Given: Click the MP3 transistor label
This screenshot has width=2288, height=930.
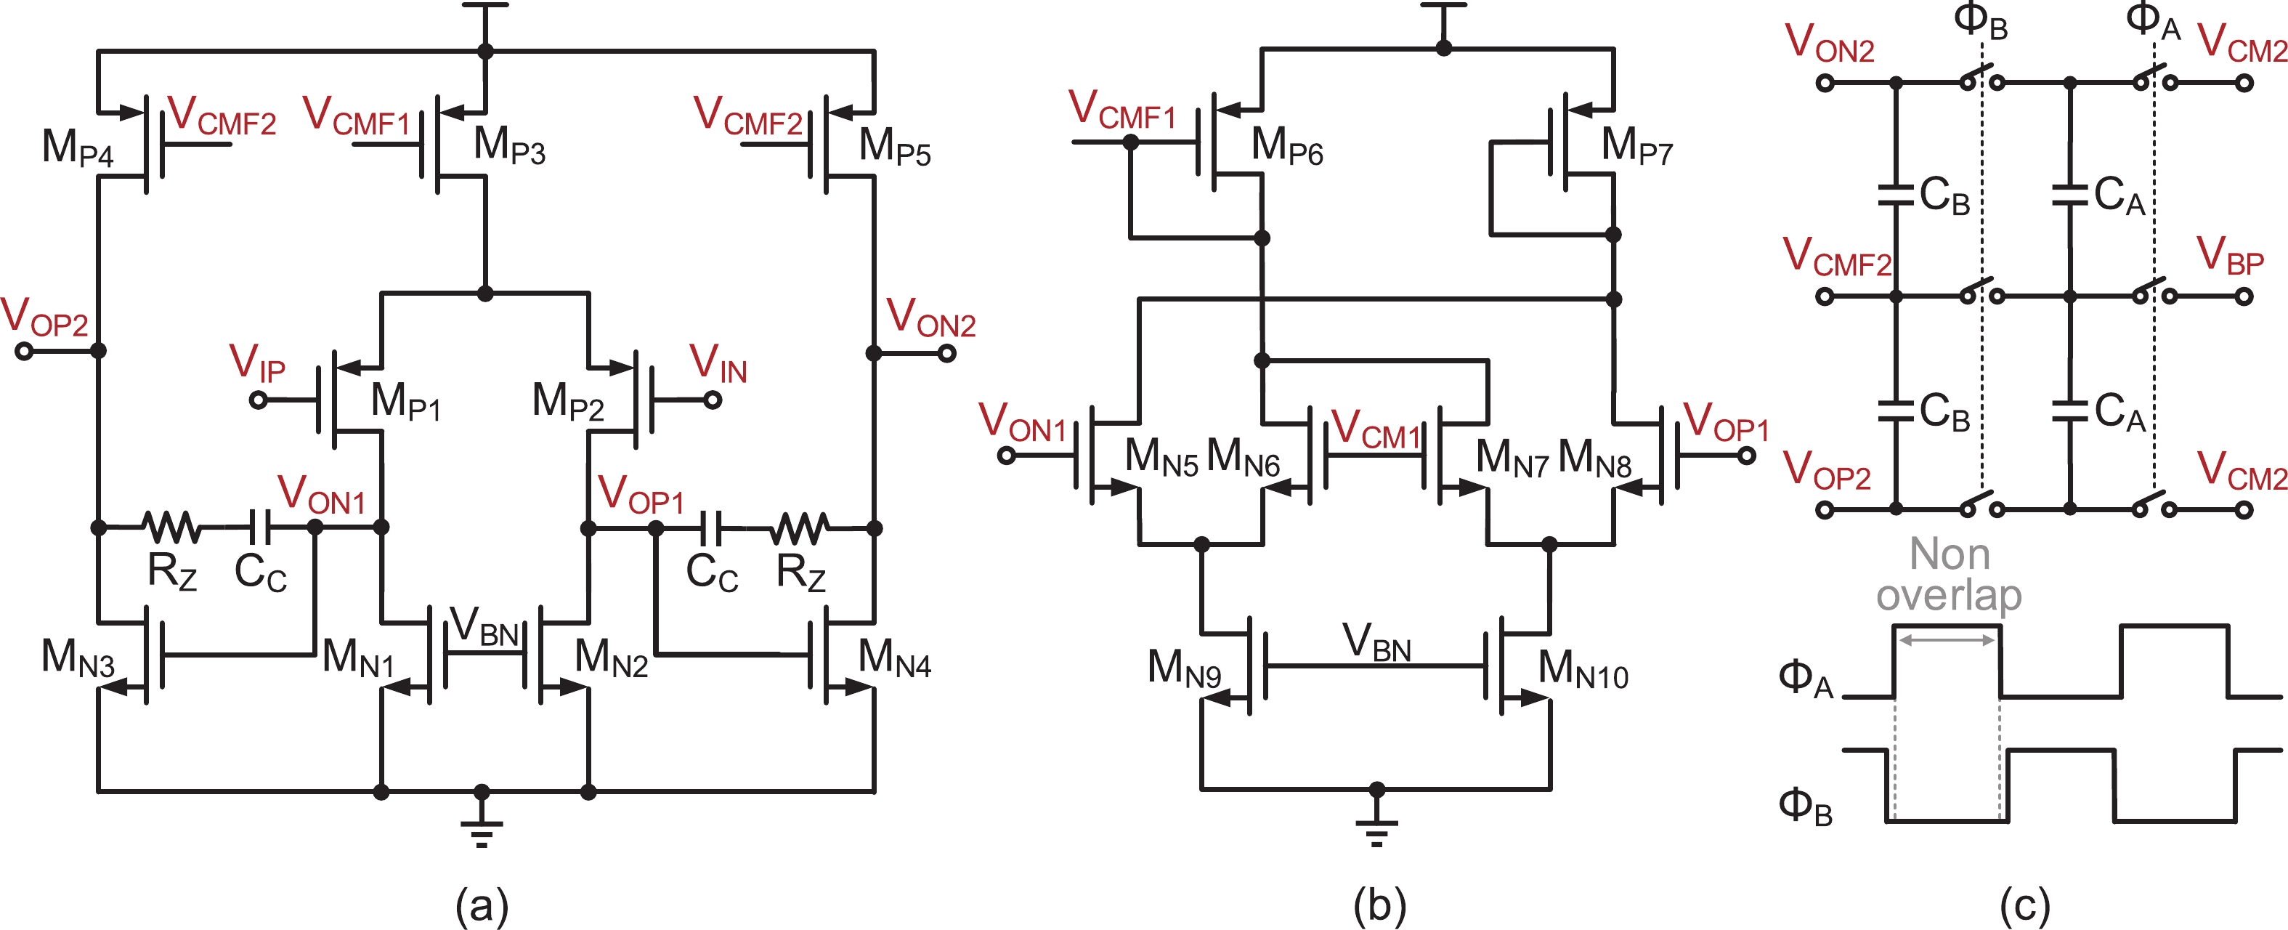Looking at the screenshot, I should coord(509,145).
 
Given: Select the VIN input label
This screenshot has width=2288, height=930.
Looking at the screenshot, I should coord(718,363).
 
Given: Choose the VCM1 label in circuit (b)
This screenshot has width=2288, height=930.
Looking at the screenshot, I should coord(1376,429).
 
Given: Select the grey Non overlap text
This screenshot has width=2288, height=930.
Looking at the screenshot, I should coord(1949,574).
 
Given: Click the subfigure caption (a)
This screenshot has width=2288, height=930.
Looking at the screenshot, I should coord(482,905).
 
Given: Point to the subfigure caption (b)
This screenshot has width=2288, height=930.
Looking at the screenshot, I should coord(1379,905).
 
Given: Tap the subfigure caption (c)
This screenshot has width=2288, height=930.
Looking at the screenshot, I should coord(2025,905).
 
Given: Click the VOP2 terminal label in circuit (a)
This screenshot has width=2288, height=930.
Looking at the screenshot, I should coord(44,317).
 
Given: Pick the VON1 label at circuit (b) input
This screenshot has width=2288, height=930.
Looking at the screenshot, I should coord(1021,422).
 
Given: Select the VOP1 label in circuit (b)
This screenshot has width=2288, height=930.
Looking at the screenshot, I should coord(1726,422).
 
